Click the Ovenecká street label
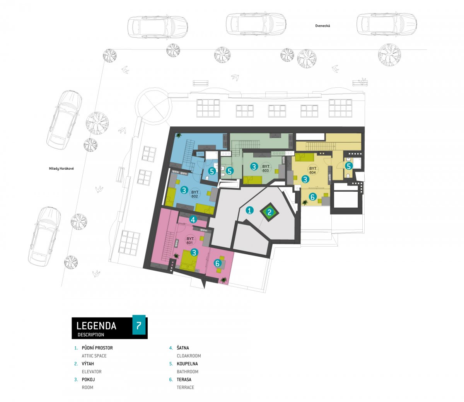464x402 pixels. point(322,26)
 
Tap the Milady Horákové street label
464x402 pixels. point(61,169)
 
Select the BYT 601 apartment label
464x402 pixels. point(190,240)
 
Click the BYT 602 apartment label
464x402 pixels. point(194,194)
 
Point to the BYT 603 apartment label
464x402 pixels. point(266,169)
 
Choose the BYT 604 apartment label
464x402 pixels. point(312,170)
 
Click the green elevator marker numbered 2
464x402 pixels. point(270,212)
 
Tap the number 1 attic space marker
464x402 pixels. point(249,210)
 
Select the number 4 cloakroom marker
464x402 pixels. point(193,220)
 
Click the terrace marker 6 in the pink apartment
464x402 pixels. point(217,263)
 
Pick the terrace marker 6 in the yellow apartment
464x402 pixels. point(312,197)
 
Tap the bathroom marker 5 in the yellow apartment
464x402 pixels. point(349,166)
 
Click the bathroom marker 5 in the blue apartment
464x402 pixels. point(212,171)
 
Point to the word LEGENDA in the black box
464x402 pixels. point(96,326)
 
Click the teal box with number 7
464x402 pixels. point(139,325)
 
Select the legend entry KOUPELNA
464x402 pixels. point(187,364)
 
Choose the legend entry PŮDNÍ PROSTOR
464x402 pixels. point(97,347)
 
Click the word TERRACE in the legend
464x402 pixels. point(186,387)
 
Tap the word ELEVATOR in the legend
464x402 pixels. point(92,371)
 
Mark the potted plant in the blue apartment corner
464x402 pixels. point(179,135)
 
